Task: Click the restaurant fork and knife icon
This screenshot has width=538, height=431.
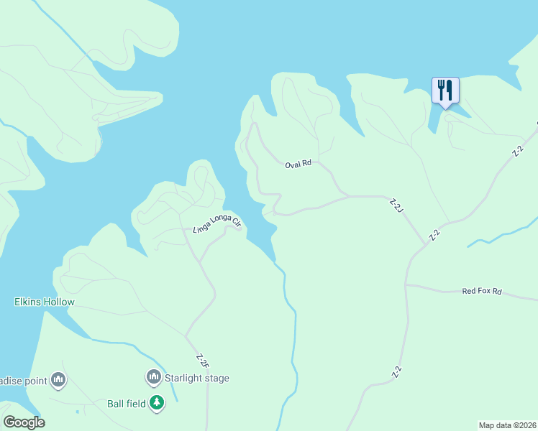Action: (445, 91)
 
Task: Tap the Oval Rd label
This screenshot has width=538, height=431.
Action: (298, 164)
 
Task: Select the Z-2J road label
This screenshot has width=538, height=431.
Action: (395, 206)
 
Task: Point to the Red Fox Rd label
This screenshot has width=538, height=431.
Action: (481, 291)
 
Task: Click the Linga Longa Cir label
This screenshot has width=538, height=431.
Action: (216, 223)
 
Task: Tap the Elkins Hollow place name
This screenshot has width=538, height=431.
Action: (45, 302)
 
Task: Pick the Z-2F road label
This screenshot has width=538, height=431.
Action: (201, 360)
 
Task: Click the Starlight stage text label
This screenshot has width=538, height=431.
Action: (196, 378)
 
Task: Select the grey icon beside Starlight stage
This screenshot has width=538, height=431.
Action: (153, 377)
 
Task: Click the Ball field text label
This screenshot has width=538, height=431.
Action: (126, 404)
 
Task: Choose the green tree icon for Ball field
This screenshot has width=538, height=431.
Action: (157, 404)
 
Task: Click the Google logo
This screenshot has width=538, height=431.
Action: (24, 422)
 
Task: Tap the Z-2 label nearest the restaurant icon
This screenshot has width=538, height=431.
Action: (517, 152)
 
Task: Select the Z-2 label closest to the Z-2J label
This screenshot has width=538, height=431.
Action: (434, 235)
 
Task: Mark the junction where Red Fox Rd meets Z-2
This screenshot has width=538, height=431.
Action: (406, 284)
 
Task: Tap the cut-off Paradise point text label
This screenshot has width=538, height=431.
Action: (23, 379)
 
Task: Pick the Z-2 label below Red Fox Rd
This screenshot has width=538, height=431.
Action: (396, 372)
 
